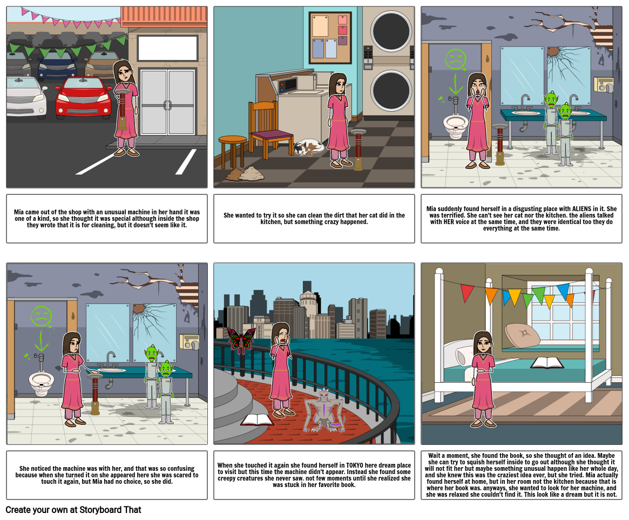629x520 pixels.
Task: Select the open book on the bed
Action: [547, 362]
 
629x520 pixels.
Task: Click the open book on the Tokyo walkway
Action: [257, 420]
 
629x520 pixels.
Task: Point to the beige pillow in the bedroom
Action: [522, 335]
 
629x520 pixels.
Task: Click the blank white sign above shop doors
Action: [167, 49]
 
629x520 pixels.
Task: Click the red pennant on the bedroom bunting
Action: [467, 292]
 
